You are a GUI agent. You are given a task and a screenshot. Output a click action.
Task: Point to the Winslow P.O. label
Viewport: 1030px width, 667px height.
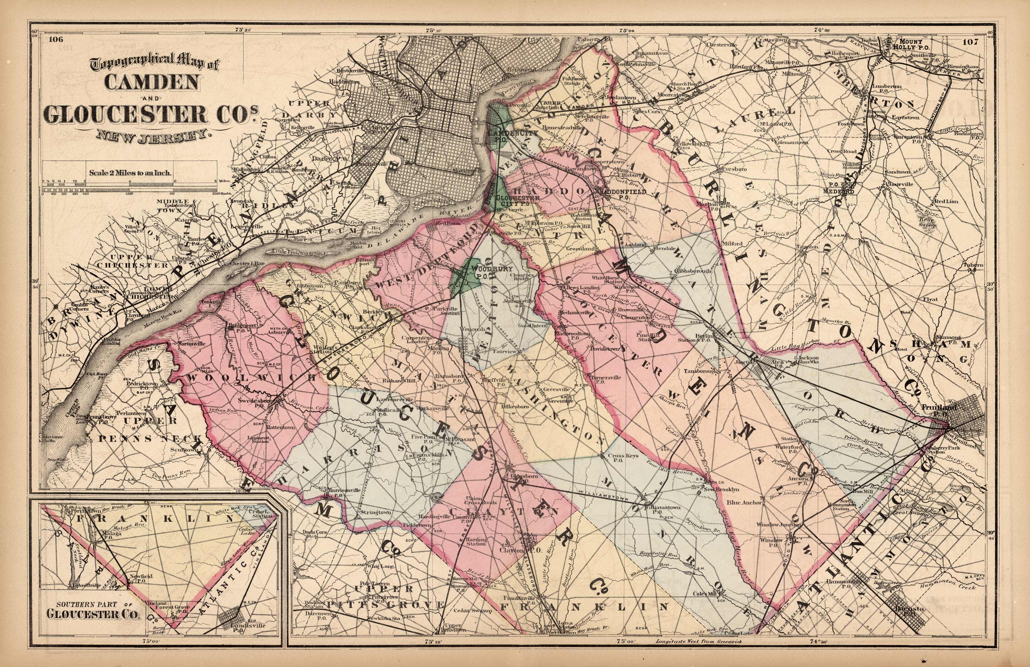point(772,543)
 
